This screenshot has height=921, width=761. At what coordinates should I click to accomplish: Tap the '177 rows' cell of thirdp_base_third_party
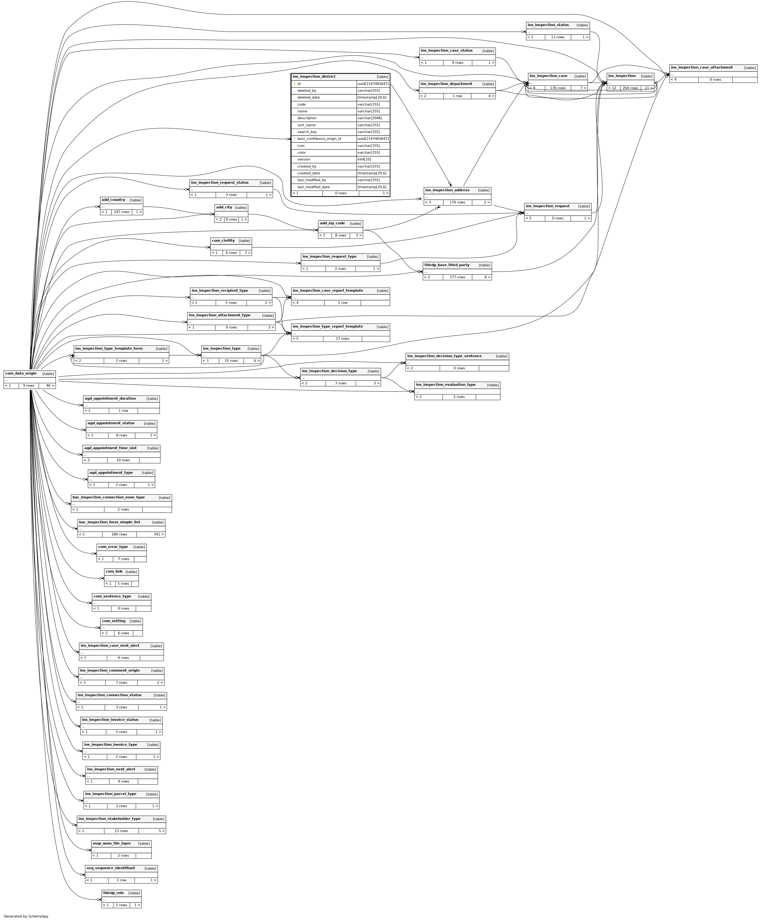pyautogui.click(x=457, y=277)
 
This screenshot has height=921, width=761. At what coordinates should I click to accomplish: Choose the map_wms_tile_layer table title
pyautogui.click(x=112, y=843)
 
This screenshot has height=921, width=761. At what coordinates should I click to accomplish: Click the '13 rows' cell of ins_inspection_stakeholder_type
pyautogui.click(x=121, y=831)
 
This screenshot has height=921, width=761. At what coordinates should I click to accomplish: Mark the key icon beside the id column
pyautogui.click(x=295, y=84)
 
